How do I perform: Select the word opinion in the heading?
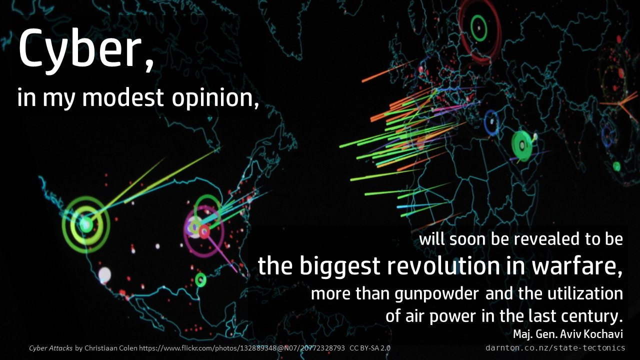pyautogui.click(x=212, y=98)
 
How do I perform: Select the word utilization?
pyautogui.click(x=585, y=293)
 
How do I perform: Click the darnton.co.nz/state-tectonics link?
pyautogui.click(x=555, y=347)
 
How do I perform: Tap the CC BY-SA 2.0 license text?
pyautogui.click(x=370, y=348)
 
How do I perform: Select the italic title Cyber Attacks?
pyautogui.click(x=50, y=348)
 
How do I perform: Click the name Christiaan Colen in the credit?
pyautogui.click(x=111, y=348)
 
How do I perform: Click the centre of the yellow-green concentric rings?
pyautogui.click(x=85, y=224)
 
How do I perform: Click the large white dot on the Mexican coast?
pyautogui.click(x=104, y=275)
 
